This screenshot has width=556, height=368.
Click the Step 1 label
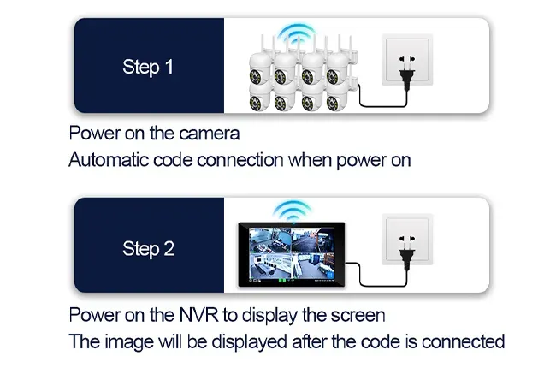[x=148, y=67]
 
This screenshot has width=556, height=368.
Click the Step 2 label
[x=148, y=249]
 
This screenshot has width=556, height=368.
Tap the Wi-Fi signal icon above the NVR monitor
[x=293, y=211]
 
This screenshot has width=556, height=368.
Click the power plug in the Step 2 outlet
[x=407, y=252]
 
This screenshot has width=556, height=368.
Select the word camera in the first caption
[x=210, y=134]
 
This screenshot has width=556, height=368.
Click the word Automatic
[x=108, y=160]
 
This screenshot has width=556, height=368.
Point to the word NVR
[x=198, y=314]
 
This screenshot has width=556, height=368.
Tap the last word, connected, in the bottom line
[x=463, y=341]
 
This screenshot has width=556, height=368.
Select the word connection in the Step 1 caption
[x=240, y=160]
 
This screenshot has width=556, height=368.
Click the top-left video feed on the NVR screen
[x=269, y=240]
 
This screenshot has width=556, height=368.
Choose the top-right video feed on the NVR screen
[x=313, y=240]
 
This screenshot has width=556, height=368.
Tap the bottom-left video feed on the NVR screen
[x=269, y=265]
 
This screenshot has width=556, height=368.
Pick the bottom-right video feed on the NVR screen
[x=313, y=265]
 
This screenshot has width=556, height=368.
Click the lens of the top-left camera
[x=255, y=77]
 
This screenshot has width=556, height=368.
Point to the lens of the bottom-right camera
[x=333, y=104]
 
